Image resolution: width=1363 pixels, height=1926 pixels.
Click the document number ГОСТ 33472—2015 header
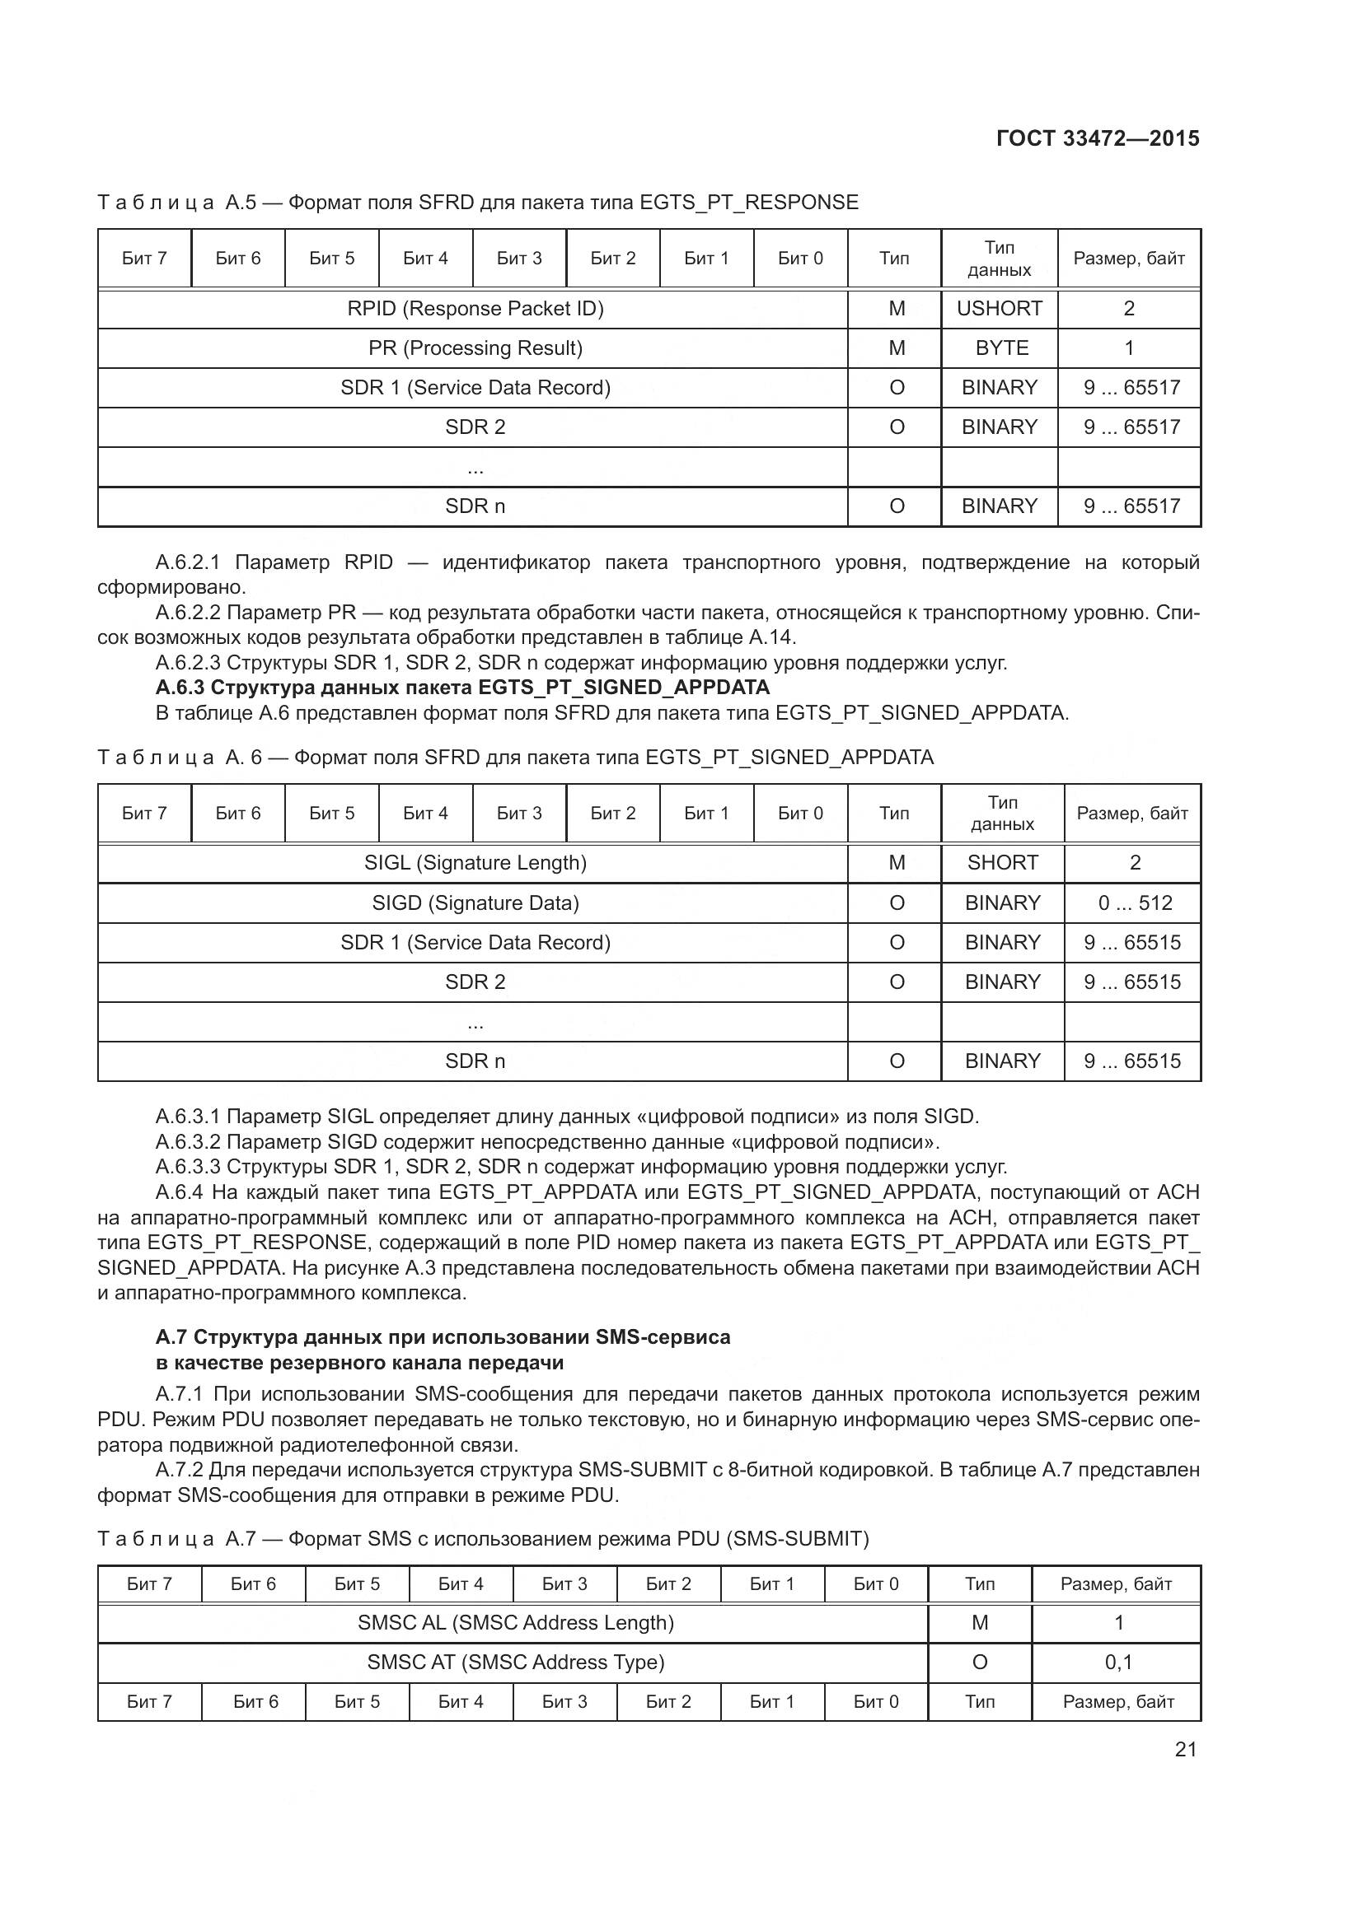pyautogui.click(x=1097, y=138)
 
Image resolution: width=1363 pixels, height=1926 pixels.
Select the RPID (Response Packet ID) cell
pyautogui.click(x=475, y=309)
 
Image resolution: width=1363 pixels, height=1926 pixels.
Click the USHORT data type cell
pyautogui.click(x=999, y=309)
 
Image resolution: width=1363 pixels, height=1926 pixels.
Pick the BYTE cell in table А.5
pyautogui.click(x=1001, y=348)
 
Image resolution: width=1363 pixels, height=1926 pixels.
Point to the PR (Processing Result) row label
pyautogui.click(x=475, y=348)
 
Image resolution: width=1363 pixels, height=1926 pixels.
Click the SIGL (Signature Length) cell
pyautogui.click(x=475, y=863)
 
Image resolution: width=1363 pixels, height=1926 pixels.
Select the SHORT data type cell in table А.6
pyautogui.click(x=1002, y=863)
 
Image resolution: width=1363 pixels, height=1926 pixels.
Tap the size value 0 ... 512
pyautogui.click(x=1135, y=903)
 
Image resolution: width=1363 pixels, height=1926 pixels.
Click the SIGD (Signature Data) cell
pyautogui.click(x=475, y=903)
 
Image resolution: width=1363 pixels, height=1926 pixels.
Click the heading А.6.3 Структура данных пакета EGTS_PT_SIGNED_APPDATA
pyautogui.click(x=461, y=688)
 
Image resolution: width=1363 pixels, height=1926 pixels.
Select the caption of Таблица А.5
pyautogui.click(x=478, y=203)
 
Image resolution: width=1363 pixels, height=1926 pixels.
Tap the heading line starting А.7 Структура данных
pyautogui.click(x=443, y=1337)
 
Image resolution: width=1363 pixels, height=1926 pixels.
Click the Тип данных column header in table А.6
pyautogui.click(x=1002, y=813)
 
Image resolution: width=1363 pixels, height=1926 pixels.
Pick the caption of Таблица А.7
pyautogui.click(x=483, y=1538)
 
